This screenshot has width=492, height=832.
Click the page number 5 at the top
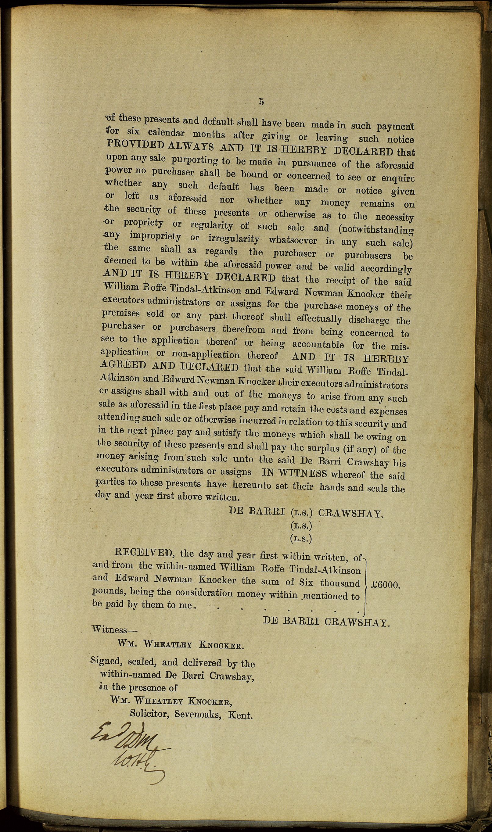261,102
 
